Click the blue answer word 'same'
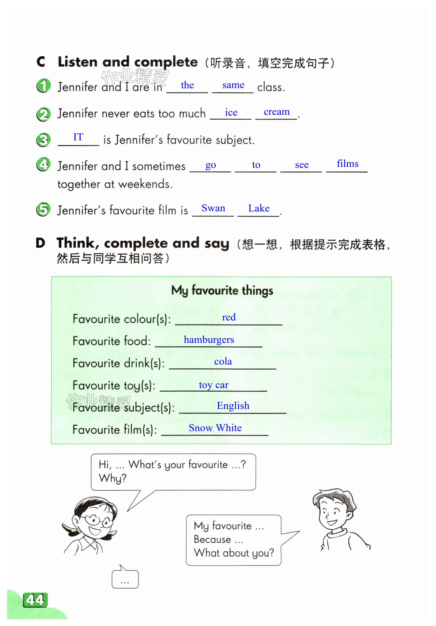[233, 85]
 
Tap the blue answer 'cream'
[276, 112]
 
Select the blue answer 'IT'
[78, 137]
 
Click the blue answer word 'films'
[347, 164]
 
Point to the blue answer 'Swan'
[213, 208]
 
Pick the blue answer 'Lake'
[258, 208]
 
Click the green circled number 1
[43, 86]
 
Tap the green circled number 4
[43, 164]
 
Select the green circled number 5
[43, 209]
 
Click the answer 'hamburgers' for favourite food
[209, 340]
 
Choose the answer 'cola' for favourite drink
[223, 361]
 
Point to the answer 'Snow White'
[215, 428]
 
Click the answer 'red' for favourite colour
[229, 317]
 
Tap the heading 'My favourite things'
[222, 291]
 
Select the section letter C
[41, 62]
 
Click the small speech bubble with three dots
[125, 579]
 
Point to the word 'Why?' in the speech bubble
[112, 478]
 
